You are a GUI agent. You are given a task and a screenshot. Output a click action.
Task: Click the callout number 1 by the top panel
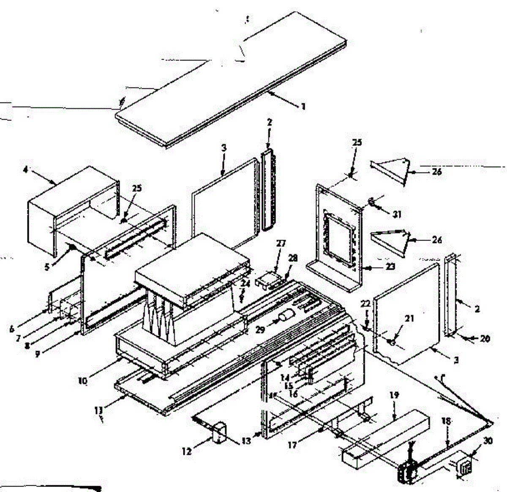[x=303, y=107]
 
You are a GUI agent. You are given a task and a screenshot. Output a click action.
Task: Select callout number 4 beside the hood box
[x=26, y=170]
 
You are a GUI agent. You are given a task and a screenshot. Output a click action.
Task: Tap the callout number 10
[x=82, y=381]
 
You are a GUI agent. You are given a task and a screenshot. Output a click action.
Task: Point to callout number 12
[x=187, y=451]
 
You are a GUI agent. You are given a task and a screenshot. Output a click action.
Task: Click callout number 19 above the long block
[x=394, y=395]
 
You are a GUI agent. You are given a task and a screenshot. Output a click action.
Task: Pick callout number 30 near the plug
[x=488, y=440]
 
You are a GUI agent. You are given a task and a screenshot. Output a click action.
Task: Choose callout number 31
[x=397, y=215]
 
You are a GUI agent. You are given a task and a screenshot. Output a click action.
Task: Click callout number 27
[x=281, y=243]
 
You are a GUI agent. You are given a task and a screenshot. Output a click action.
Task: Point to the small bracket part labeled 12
[x=219, y=433]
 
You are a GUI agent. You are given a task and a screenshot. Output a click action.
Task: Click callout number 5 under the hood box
[x=47, y=267]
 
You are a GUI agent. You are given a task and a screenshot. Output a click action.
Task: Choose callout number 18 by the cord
[x=447, y=421]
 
